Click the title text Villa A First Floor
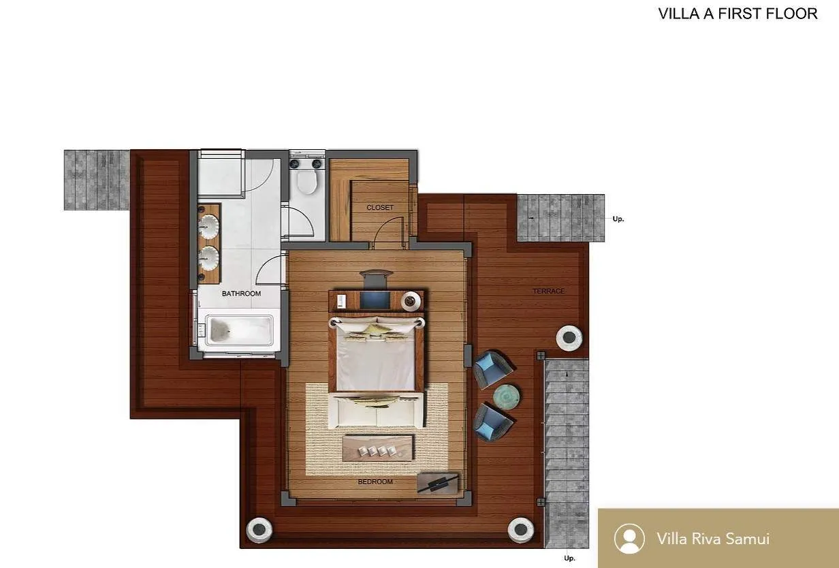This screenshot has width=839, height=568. click(x=738, y=14)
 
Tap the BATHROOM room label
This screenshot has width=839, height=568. click(x=241, y=294)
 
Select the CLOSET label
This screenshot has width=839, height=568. click(x=379, y=208)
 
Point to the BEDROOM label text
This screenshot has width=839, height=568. click(x=375, y=482)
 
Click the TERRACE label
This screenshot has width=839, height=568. click(x=548, y=291)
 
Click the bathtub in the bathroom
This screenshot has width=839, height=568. click(x=235, y=330)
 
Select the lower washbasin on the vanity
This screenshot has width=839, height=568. click(x=209, y=257)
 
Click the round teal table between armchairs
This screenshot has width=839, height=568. click(x=506, y=396)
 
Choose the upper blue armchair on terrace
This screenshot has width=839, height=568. click(x=492, y=368)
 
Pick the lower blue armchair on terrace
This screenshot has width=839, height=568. click(x=492, y=421)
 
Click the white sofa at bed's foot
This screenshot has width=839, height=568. click(x=377, y=410)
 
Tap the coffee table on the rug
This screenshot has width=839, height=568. click(x=378, y=447)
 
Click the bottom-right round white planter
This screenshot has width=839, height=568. click(x=521, y=529)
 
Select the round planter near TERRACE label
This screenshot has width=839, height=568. click(x=569, y=337)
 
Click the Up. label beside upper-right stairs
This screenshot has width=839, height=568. click(x=618, y=219)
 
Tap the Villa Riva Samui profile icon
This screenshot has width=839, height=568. click(x=629, y=539)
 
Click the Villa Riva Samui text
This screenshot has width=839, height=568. click(x=713, y=539)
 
